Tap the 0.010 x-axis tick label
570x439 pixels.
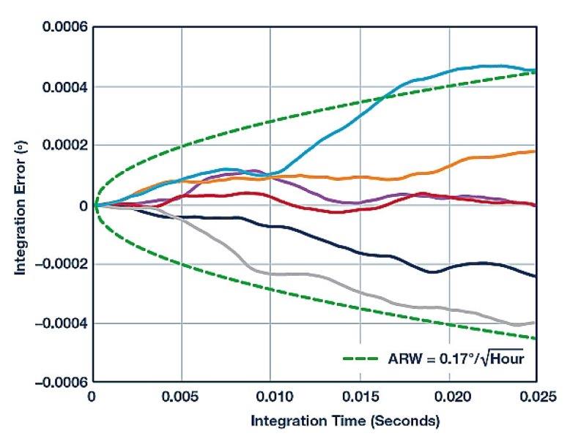pos(270,399)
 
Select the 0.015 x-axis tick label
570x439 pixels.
pos(359,399)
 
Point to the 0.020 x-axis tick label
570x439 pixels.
pos(448,399)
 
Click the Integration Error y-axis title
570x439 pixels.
pos(22,205)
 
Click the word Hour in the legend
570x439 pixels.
pos(506,359)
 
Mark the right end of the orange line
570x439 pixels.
pos(536,151)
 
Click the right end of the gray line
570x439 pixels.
pos(536,322)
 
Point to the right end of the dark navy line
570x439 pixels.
pos(536,277)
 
